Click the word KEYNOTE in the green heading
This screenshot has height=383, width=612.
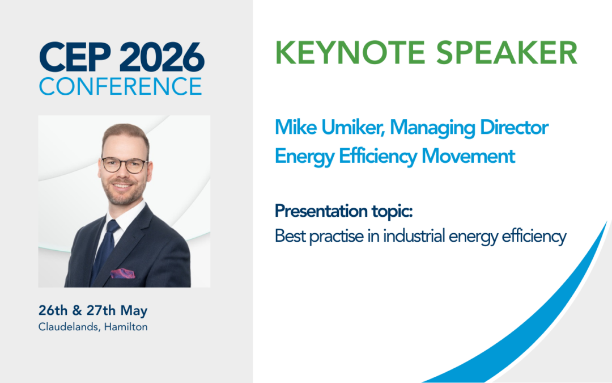point(351,53)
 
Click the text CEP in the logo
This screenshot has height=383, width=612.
point(71,57)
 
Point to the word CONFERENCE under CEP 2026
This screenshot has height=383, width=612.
point(121,86)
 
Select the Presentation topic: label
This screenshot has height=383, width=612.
point(343,212)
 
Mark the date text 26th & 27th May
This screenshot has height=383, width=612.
point(93,311)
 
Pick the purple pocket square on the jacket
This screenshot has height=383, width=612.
point(122,273)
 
